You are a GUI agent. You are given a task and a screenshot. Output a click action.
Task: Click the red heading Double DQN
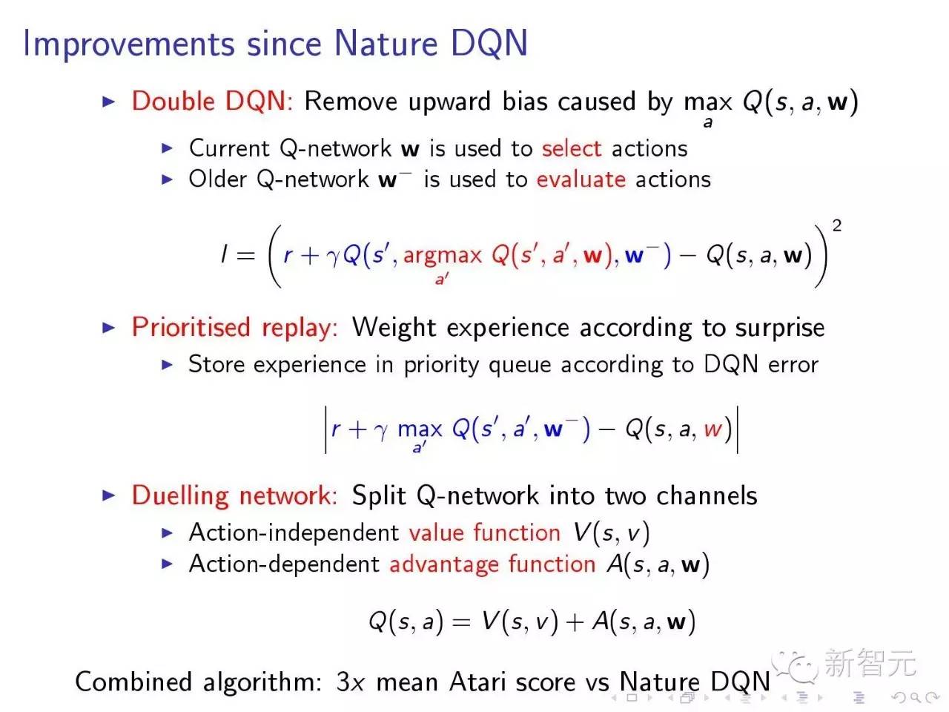coord(211,102)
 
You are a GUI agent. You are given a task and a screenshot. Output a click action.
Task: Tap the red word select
coord(571,148)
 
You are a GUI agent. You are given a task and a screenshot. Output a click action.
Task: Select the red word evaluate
coord(581,179)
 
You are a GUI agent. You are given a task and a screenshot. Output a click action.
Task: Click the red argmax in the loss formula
coord(443,256)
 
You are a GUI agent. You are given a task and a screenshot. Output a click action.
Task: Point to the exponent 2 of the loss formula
coord(837,225)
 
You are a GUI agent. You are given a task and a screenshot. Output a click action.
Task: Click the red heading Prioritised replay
coord(234,327)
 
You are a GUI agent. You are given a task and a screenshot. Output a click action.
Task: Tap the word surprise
coord(779,328)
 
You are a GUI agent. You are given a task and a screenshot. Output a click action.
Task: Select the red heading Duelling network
coord(234,495)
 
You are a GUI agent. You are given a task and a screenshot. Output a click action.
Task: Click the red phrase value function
coord(484,533)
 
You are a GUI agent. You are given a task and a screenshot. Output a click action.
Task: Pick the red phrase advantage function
coord(492,564)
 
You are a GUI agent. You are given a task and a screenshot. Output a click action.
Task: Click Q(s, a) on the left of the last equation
coord(406,621)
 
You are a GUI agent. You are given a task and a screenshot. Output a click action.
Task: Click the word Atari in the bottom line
coord(482,682)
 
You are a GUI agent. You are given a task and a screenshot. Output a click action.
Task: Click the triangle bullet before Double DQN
coord(109,102)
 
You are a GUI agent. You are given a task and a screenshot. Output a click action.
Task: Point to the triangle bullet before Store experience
coord(168,365)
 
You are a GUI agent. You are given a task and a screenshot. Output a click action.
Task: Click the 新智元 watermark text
coord(870,663)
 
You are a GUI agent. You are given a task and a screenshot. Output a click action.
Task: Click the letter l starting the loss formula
coord(223,255)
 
